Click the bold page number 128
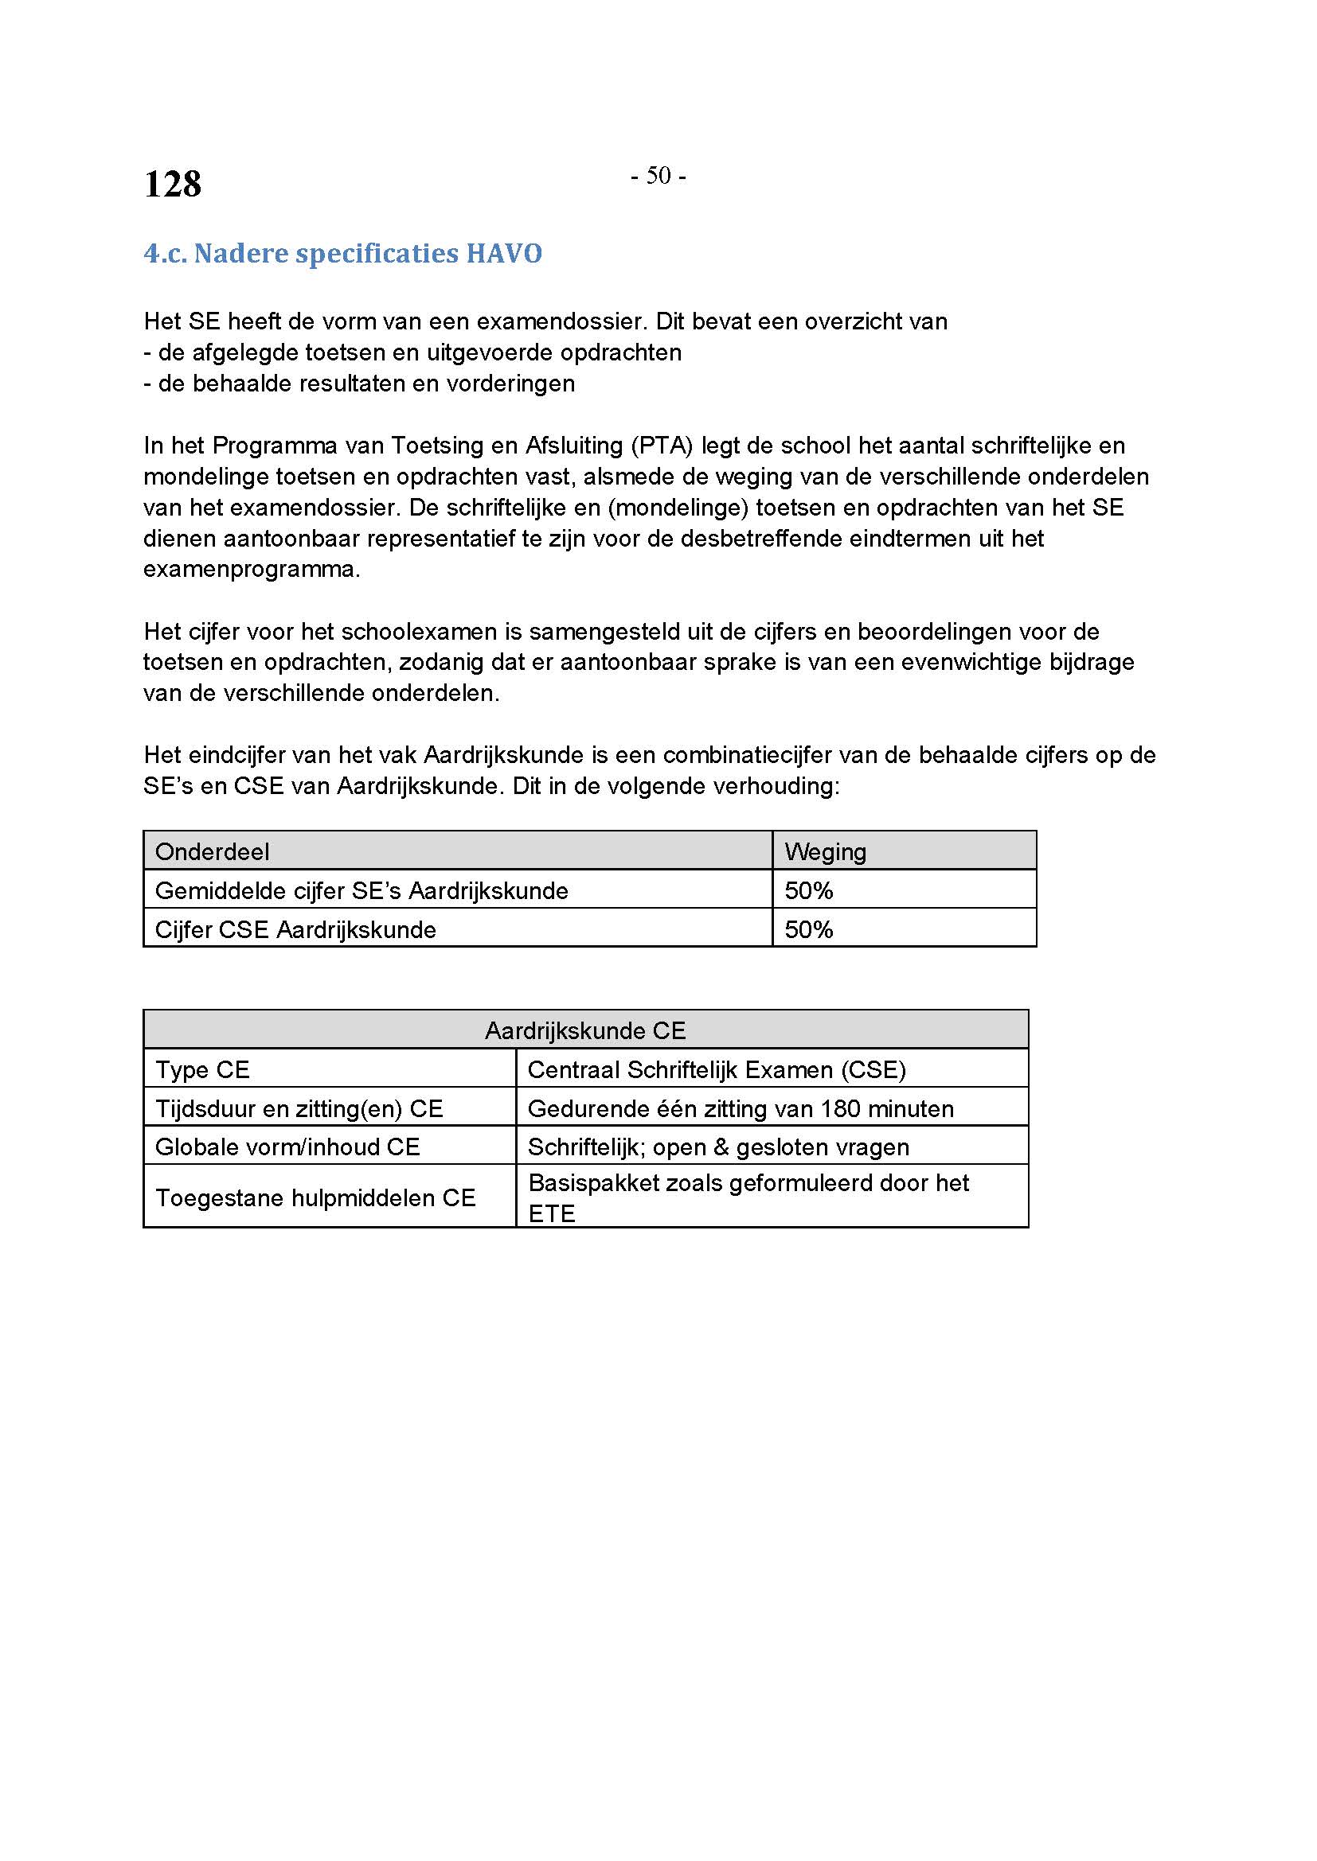[172, 184]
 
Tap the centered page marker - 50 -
[658, 176]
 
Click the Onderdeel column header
[212, 852]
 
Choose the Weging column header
[825, 852]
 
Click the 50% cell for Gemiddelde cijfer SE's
[808, 891]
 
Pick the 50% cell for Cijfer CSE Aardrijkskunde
[808, 929]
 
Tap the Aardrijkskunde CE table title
[584, 1031]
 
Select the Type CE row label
[202, 1070]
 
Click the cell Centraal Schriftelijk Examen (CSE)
[716, 1070]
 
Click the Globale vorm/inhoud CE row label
[287, 1147]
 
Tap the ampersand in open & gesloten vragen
[721, 1148]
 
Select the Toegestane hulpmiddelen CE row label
[315, 1198]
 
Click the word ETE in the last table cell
[552, 1213]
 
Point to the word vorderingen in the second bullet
[510, 383]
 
